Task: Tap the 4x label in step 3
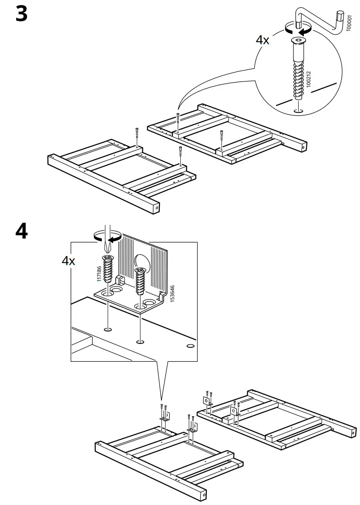[262, 40]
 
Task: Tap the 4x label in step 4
[68, 261]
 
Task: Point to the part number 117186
[99, 274]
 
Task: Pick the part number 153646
[172, 294]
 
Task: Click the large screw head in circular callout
[298, 43]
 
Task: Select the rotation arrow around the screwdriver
[107, 237]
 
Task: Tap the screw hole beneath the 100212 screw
[298, 111]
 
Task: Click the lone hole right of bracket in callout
[190, 347]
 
